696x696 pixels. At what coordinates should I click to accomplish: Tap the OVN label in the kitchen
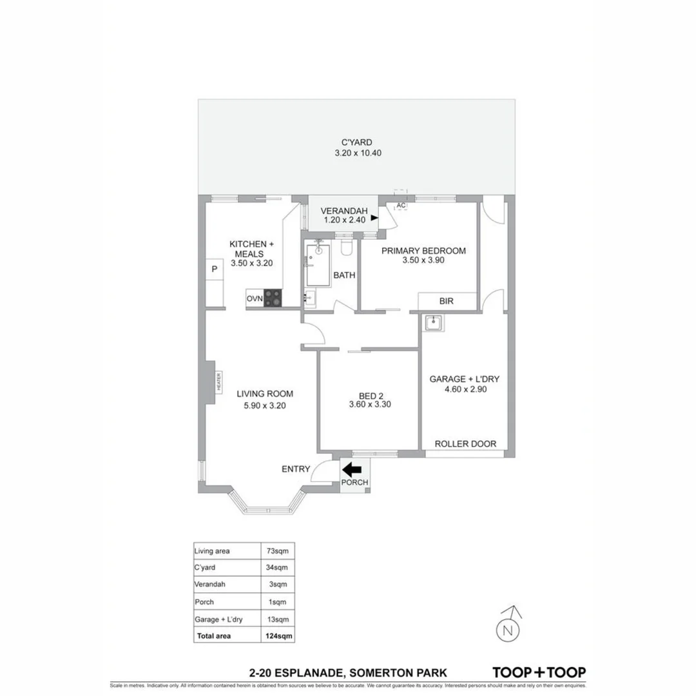pyautogui.click(x=254, y=298)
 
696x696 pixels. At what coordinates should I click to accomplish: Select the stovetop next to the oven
pyautogui.click(x=273, y=298)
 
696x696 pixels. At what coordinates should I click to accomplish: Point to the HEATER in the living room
pyautogui.click(x=218, y=382)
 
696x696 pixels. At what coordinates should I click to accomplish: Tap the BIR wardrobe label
pyautogui.click(x=447, y=301)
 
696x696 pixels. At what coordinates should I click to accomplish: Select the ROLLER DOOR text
pyautogui.click(x=465, y=444)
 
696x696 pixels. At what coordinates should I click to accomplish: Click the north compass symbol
pyautogui.click(x=509, y=628)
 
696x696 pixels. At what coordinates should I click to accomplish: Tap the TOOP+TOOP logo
pyautogui.click(x=539, y=672)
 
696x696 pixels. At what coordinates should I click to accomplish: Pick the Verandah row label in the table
pyautogui.click(x=209, y=585)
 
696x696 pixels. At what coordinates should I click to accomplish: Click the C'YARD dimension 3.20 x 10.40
pyautogui.click(x=357, y=155)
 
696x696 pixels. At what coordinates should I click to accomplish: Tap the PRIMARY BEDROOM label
pyautogui.click(x=423, y=251)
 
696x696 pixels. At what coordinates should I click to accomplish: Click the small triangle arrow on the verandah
pyautogui.click(x=374, y=219)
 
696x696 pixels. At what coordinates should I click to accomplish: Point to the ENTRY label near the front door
pyautogui.click(x=296, y=469)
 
